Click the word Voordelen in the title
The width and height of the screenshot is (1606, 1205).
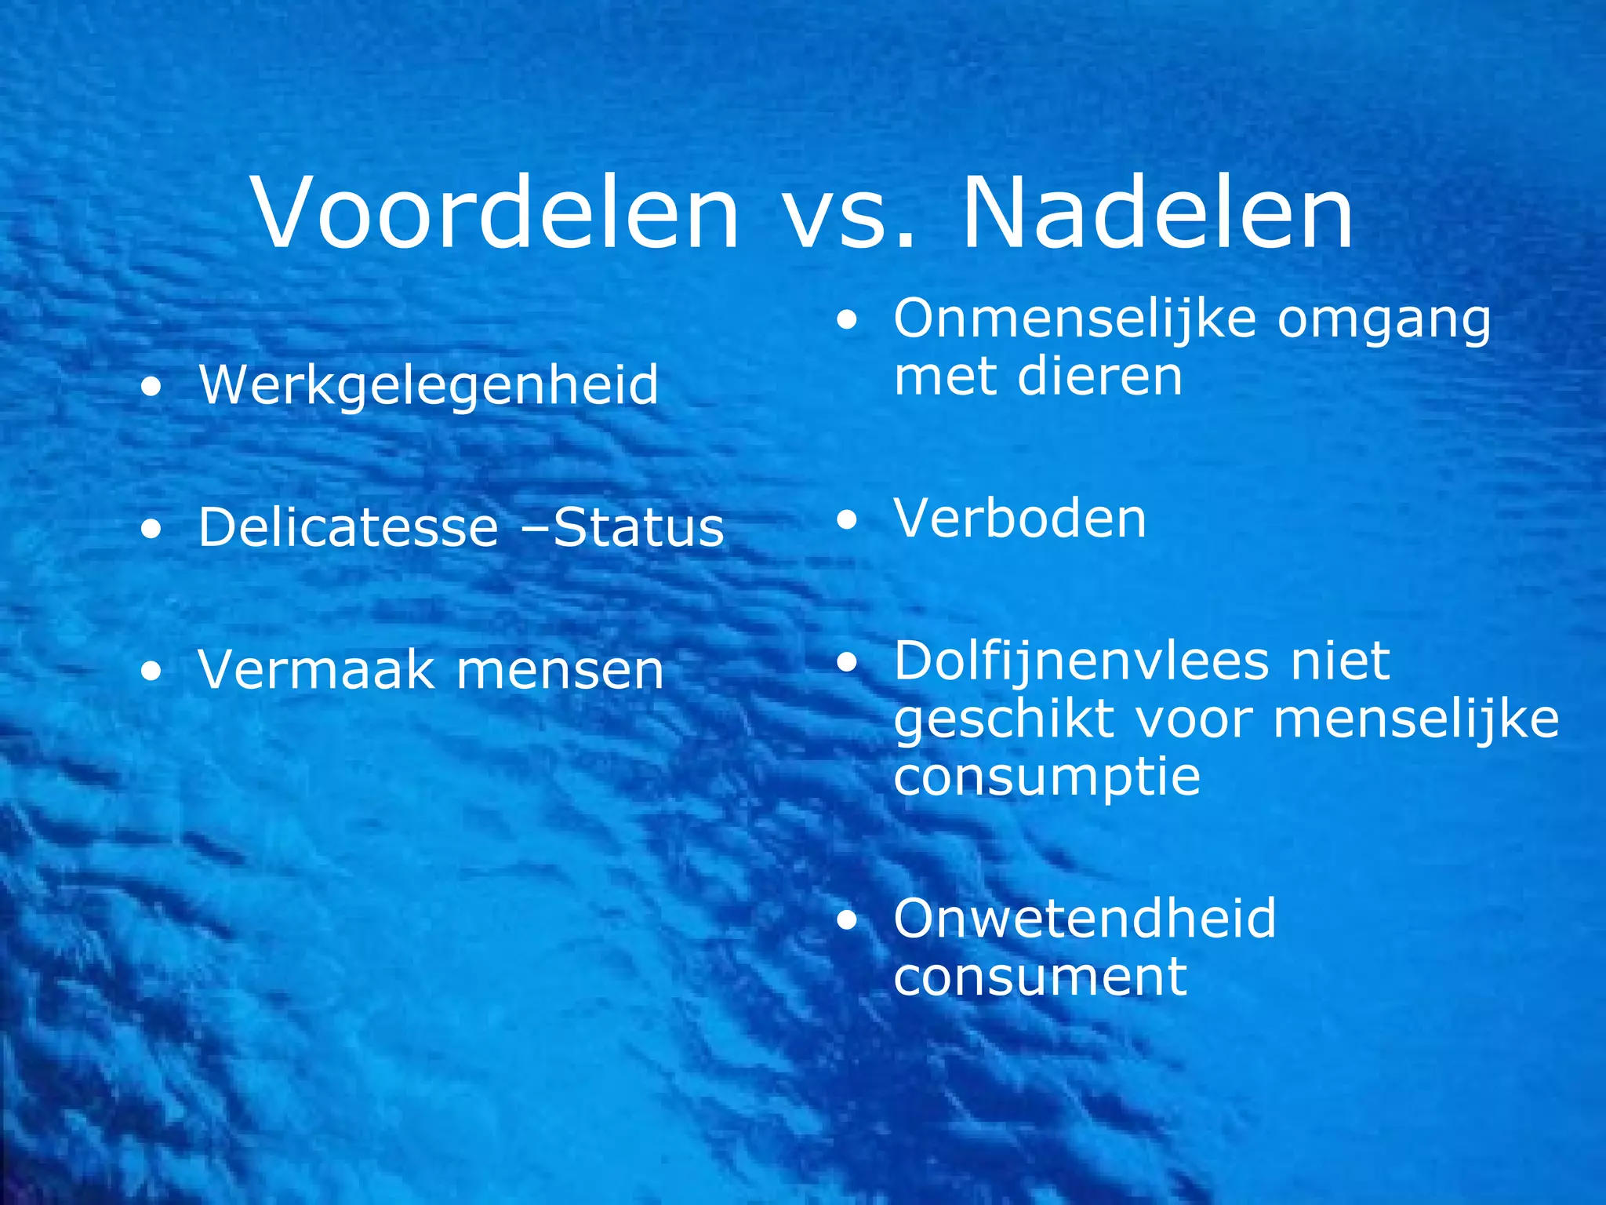[x=496, y=213]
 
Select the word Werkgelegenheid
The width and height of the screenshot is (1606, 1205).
[x=428, y=386]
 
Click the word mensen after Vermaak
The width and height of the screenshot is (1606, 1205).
[x=560, y=672]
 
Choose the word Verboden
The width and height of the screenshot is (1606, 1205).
[x=1019, y=519]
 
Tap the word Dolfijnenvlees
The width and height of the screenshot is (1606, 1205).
[x=1081, y=661]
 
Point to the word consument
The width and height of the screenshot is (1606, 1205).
[x=1040, y=977]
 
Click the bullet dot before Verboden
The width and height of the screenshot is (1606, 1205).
[x=847, y=520]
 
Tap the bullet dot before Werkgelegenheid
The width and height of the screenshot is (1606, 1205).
[x=151, y=387]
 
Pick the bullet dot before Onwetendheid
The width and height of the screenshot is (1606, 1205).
[x=847, y=920]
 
